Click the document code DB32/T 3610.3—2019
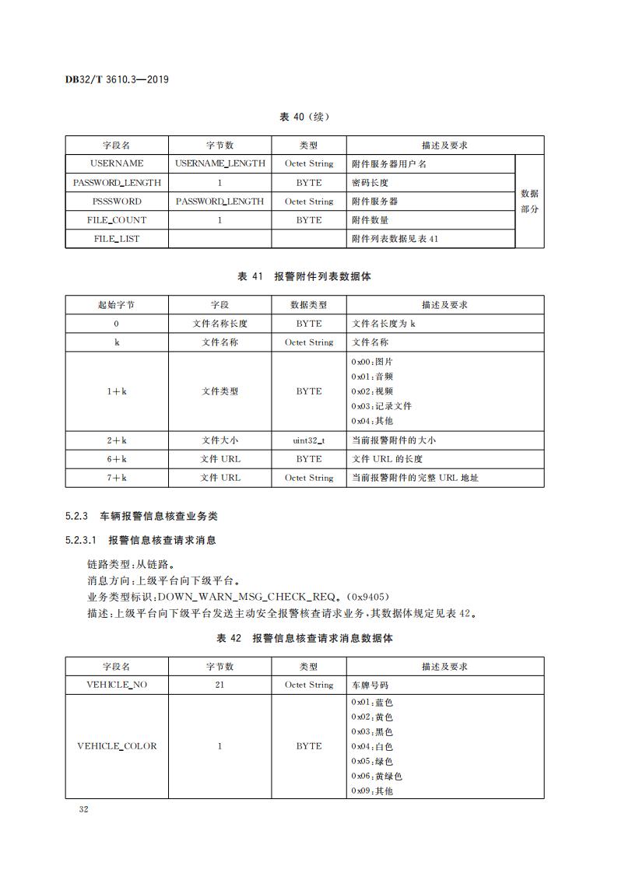point(117,79)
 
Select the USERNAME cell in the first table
point(117,163)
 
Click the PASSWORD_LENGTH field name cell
point(117,183)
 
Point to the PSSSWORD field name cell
point(117,202)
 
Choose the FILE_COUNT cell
point(117,220)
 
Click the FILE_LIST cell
point(117,239)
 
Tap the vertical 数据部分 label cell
point(529,202)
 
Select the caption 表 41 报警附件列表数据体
point(304,276)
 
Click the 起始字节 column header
point(117,304)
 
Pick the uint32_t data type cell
point(309,440)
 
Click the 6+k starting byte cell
point(117,459)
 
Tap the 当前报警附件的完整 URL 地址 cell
point(415,478)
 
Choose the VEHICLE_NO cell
point(117,685)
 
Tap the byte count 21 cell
point(219,685)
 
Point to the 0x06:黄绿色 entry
point(377,776)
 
